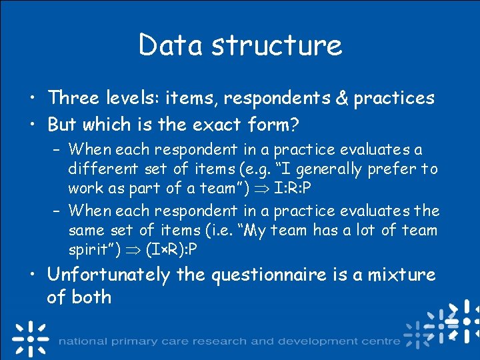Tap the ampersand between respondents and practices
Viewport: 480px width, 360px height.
pyautogui.click(x=341, y=99)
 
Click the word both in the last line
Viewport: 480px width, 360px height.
pyautogui.click(x=92, y=297)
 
